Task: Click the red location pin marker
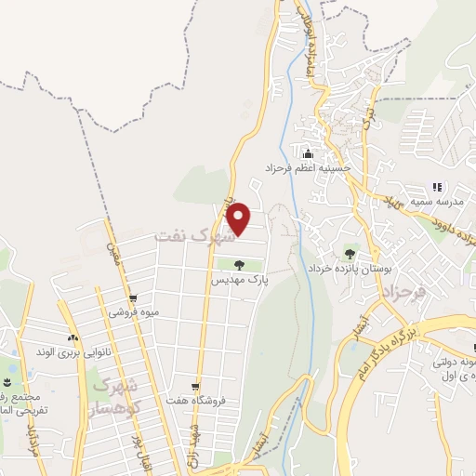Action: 239,219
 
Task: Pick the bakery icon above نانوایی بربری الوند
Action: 73,337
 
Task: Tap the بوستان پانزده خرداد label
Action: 351,268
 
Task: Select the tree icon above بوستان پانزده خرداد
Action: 350,252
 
